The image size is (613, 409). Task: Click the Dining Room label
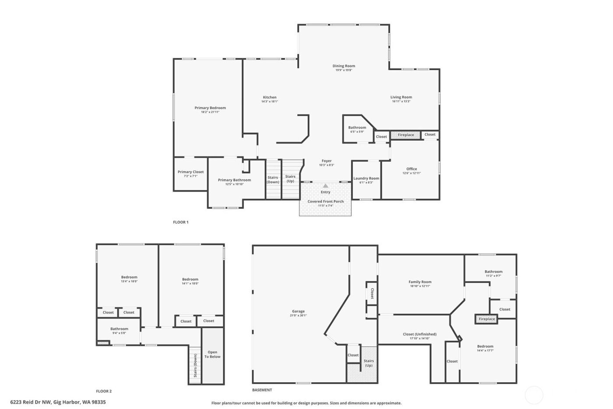tap(344, 66)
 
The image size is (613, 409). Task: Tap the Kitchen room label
tap(270, 97)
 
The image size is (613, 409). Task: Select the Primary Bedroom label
tap(210, 108)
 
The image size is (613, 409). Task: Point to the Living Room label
tap(401, 97)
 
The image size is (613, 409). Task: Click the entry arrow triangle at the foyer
tap(325, 186)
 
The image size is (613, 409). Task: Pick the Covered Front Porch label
tap(325, 201)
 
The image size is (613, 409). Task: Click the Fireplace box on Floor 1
tap(405, 135)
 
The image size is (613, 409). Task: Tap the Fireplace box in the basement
tap(486, 319)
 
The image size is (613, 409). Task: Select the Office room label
tap(412, 169)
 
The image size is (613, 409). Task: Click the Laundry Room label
tap(366, 178)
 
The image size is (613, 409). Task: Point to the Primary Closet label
tap(191, 172)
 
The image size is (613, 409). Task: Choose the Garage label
tap(298, 311)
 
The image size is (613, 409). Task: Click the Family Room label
tap(420, 282)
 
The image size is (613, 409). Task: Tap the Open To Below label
tap(212, 354)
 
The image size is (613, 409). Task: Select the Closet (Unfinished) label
tap(419, 334)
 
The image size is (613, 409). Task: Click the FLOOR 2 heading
tap(104, 391)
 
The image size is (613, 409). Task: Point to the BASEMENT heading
tap(262, 390)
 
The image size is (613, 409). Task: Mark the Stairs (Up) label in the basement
tap(369, 363)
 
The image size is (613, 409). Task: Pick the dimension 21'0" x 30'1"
tap(298, 316)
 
